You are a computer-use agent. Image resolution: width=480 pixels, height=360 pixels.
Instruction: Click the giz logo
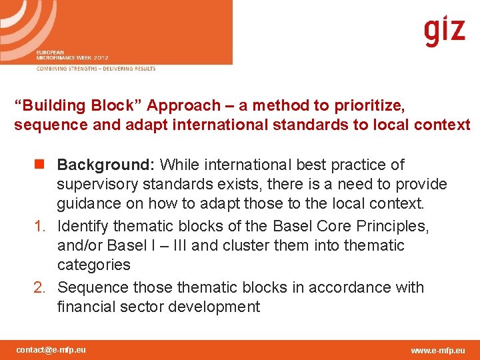coord(445,31)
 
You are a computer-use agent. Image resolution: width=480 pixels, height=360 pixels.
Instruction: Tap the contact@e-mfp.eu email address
coord(51,349)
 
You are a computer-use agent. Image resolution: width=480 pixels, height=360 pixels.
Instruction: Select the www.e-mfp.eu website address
coord(438,350)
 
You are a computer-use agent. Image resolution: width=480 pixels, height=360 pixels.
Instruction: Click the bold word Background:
coord(107,165)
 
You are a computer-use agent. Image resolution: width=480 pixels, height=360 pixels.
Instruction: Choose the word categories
coord(94,265)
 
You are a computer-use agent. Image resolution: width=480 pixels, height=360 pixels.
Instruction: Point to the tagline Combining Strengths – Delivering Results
coord(96,69)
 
